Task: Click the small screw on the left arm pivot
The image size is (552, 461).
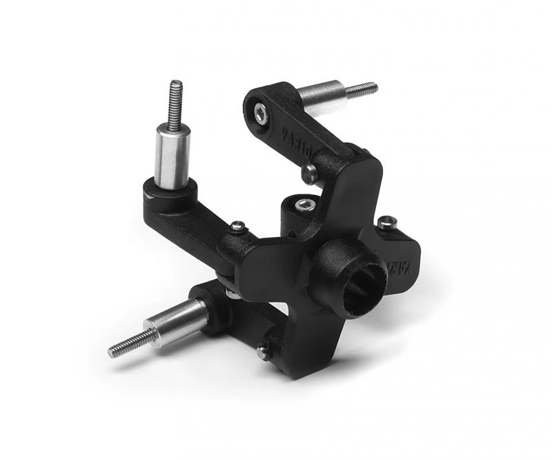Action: (x=237, y=225)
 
